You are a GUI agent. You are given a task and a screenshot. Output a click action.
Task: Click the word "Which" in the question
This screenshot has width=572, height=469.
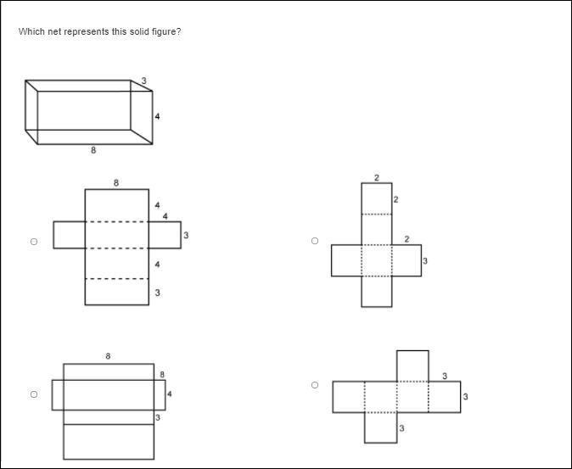point(29,31)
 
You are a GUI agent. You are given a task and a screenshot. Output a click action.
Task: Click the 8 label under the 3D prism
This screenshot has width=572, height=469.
point(93,150)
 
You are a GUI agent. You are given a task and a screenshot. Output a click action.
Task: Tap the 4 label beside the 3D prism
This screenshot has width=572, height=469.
point(157,116)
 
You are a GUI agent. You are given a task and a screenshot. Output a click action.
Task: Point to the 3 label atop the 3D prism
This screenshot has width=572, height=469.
point(143,81)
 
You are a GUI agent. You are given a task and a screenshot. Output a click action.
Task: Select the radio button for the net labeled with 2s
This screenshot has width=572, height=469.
point(315,241)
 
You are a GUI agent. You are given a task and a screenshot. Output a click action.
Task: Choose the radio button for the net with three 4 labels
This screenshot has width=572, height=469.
point(34,242)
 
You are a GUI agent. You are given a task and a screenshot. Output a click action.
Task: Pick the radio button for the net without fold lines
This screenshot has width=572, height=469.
point(34,394)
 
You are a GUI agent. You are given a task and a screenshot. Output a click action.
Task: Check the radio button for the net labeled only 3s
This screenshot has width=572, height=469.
point(315,385)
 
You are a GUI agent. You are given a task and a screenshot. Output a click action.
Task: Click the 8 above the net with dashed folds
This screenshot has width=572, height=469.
point(116,183)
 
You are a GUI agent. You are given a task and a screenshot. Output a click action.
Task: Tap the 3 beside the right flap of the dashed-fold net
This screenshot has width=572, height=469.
point(186,236)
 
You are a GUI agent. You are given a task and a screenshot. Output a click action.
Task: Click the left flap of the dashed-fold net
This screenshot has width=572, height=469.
point(70,235)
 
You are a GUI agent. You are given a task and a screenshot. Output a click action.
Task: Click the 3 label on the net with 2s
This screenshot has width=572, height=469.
point(425,261)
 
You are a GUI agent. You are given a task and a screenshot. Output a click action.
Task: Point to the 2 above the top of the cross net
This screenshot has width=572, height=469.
point(377,178)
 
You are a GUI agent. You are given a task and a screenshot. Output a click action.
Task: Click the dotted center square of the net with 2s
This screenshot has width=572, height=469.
point(377,260)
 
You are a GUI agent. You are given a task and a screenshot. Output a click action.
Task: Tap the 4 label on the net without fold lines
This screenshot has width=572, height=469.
point(169,394)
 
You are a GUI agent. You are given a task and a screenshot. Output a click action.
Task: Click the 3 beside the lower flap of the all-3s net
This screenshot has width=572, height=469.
point(401,428)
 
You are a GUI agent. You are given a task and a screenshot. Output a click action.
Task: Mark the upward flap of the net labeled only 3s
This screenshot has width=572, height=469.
point(412,366)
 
